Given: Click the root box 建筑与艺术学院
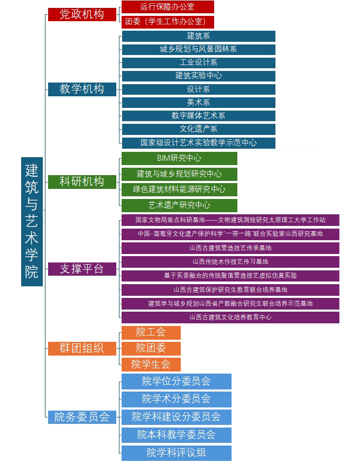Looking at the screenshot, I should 32,221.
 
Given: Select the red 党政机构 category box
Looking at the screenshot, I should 81,14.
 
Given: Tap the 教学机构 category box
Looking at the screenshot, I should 81,89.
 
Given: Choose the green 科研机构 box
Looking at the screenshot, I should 81,181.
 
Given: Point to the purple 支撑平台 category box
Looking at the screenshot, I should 81,269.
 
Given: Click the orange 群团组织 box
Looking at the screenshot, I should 81,348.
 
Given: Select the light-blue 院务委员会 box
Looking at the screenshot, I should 81,417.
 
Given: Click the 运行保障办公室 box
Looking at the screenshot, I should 168,7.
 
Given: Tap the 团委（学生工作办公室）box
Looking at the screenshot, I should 168,22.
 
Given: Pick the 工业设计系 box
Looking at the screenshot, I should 198,62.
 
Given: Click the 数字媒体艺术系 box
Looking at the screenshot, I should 198,115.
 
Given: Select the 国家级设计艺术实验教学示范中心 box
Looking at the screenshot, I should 198,142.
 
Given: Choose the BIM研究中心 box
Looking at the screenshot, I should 179,158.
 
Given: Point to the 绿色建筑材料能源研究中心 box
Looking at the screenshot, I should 179,189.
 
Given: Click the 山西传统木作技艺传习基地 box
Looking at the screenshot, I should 230,261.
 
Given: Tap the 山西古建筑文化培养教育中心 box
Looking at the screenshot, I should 230,317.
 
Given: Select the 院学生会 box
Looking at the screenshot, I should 151,364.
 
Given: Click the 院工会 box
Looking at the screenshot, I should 151,332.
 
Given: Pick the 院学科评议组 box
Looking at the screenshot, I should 176,453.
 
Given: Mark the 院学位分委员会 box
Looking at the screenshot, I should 176,381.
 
